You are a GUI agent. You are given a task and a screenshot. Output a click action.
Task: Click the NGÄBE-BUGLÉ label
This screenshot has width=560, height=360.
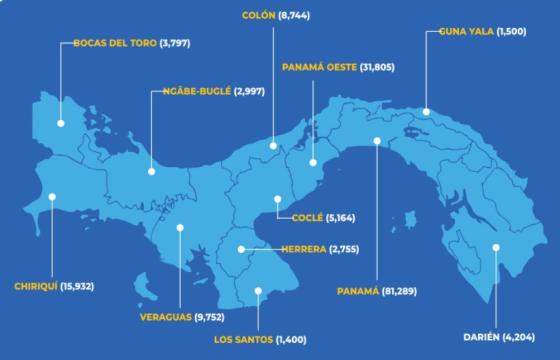click(197, 91)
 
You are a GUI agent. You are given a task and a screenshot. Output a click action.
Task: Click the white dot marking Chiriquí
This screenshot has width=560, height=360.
click(53, 197)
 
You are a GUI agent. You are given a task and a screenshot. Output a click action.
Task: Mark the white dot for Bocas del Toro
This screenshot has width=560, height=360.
click(61, 123)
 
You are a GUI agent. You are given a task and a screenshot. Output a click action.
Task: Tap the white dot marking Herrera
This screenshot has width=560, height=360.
click(241, 248)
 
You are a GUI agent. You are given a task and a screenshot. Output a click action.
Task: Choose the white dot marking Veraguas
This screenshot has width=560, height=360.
click(180, 227)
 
